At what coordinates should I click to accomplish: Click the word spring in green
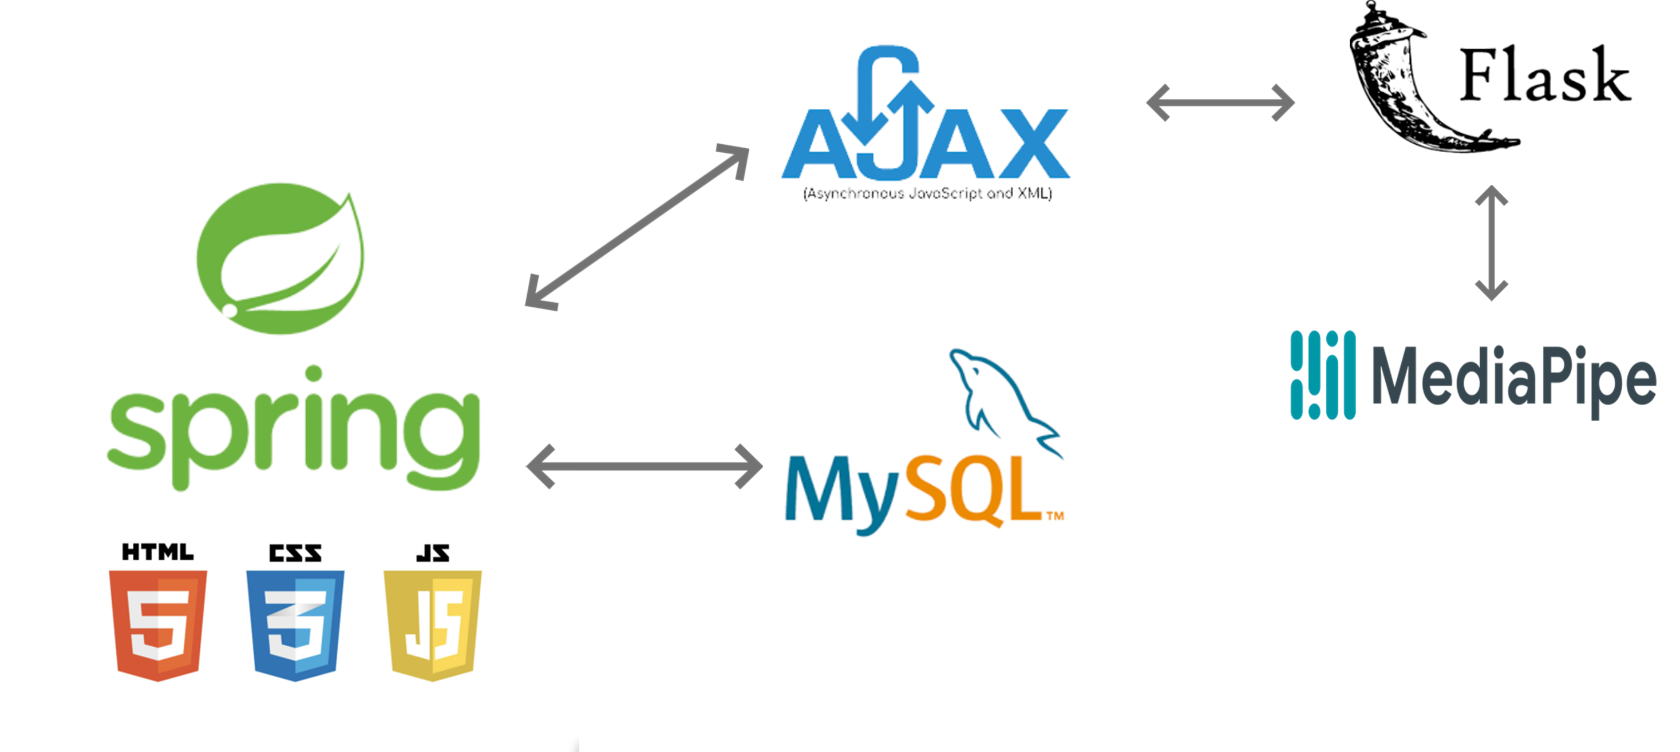[294, 428]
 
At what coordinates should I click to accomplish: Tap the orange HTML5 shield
[158, 626]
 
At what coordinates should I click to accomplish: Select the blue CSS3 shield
[295, 626]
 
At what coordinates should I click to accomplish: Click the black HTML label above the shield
[158, 552]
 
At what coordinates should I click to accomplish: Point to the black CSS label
[295, 553]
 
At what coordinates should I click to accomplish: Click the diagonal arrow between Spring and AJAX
[637, 227]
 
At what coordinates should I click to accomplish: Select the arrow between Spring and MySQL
[645, 466]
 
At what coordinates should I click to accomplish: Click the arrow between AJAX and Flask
[1220, 102]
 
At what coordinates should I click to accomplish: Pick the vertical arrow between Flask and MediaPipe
[1491, 243]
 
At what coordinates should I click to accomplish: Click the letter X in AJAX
[1034, 144]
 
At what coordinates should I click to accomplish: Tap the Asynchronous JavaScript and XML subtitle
[927, 193]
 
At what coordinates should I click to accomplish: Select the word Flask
[1545, 76]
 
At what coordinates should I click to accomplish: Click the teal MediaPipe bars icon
[1323, 375]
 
